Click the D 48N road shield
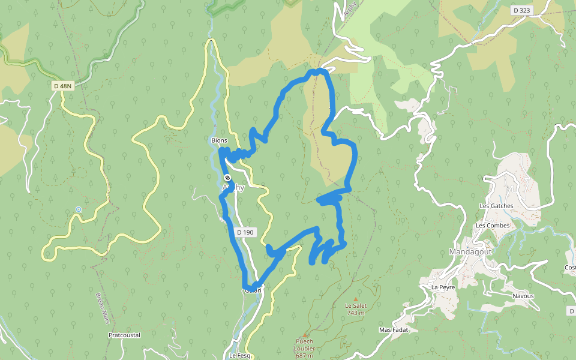pos(62,86)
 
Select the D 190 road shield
pos(245,232)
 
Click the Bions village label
pos(219,140)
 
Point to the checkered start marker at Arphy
pos(227,178)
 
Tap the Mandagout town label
pos(470,252)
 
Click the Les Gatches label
pos(496,206)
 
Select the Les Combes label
pos(492,226)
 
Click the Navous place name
pos(523,296)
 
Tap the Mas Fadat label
pos(393,329)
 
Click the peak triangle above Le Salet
pos(355,299)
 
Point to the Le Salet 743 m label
pos(355,309)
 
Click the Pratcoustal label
pos(124,335)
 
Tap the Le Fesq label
pos(240,355)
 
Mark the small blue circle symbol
pos(78,209)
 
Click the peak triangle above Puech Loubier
pos(304,335)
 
